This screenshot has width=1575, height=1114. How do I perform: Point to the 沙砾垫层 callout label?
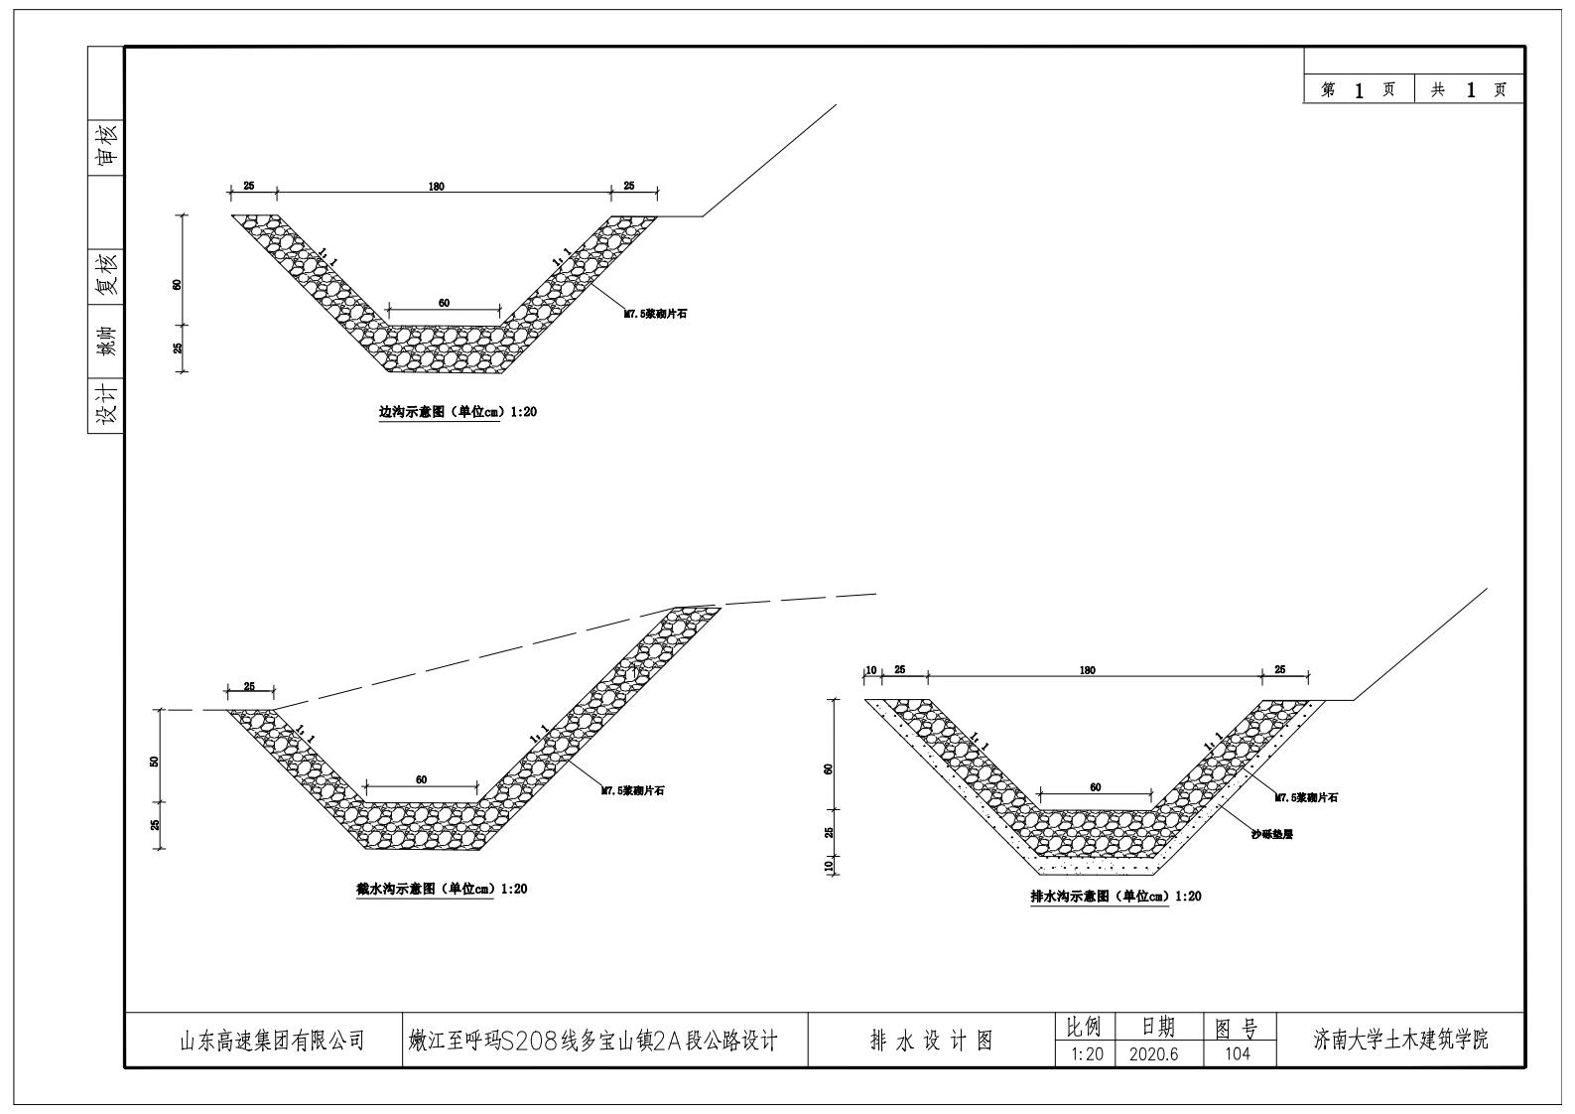(x=1272, y=835)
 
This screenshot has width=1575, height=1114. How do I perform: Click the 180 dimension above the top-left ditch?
(x=437, y=187)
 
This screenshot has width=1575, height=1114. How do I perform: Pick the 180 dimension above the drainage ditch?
(x=1088, y=671)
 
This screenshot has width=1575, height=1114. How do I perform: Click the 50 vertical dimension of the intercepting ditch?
(x=155, y=762)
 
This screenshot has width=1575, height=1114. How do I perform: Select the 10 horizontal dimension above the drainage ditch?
(x=871, y=670)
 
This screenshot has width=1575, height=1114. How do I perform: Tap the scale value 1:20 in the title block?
(x=1087, y=1054)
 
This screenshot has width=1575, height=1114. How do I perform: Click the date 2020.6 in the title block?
(x=1153, y=1054)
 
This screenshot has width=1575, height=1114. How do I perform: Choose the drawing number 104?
(x=1238, y=1054)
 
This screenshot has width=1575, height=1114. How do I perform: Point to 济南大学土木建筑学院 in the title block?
(x=1400, y=1041)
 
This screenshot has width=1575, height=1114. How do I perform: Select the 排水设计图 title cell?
(x=931, y=1041)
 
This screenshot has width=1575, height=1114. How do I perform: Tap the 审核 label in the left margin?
(x=106, y=144)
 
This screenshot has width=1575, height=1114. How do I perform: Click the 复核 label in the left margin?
(x=106, y=274)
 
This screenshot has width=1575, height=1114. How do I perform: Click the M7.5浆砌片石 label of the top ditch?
(x=655, y=314)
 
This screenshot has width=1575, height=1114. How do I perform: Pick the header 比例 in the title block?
(x=1084, y=1027)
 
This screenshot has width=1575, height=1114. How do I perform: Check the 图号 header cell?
(x=1238, y=1027)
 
